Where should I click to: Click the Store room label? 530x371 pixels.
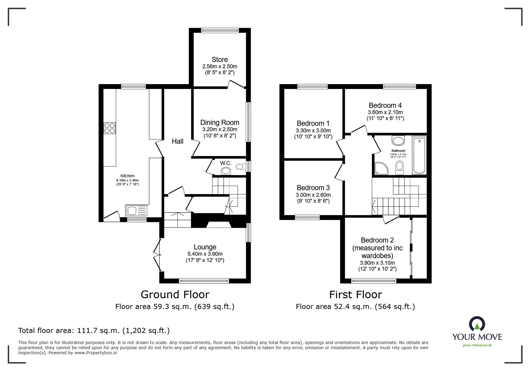(x=220, y=60)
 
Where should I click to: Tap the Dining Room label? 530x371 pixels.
(x=220, y=122)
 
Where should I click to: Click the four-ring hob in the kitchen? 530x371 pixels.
(x=110, y=128)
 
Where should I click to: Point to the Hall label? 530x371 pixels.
(x=177, y=141)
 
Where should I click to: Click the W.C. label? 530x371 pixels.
(x=226, y=163)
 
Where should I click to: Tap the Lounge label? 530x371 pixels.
(x=205, y=247)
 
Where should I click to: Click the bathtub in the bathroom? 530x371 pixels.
(x=419, y=155)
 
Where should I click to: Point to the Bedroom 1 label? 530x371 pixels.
(x=313, y=123)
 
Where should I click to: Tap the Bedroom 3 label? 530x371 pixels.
(x=313, y=188)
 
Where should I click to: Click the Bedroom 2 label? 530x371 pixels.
(x=377, y=240)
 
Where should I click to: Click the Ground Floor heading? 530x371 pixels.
(x=175, y=295)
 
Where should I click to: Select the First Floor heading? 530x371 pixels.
(x=356, y=295)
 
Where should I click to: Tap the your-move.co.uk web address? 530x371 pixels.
(x=477, y=345)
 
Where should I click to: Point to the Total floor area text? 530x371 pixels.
(x=94, y=331)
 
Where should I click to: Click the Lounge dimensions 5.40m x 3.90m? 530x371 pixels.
(x=205, y=254)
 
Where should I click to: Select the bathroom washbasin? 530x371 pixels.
(x=398, y=140)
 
